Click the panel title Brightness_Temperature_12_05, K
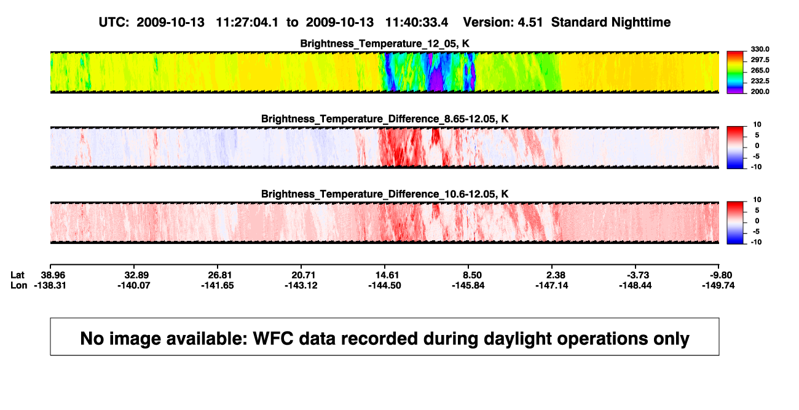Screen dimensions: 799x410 coord(385,44)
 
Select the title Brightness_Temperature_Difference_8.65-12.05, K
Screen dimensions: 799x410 coord(385,119)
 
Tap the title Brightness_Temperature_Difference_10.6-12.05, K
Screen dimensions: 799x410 coord(385,194)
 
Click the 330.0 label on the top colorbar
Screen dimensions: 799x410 coord(760,49)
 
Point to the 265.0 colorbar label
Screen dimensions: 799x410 coord(760,70)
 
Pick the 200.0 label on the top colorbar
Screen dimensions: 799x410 coord(760,92)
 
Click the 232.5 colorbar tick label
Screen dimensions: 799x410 coord(760,81)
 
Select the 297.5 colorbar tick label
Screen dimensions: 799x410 coord(760,60)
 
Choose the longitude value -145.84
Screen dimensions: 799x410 coord(468,285)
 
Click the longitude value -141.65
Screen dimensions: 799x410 coord(217,285)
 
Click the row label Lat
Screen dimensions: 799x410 coord(17,275)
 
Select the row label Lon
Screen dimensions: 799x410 coord(19,285)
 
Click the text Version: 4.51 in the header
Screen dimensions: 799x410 coord(503,23)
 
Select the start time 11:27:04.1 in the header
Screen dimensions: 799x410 coord(247,23)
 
